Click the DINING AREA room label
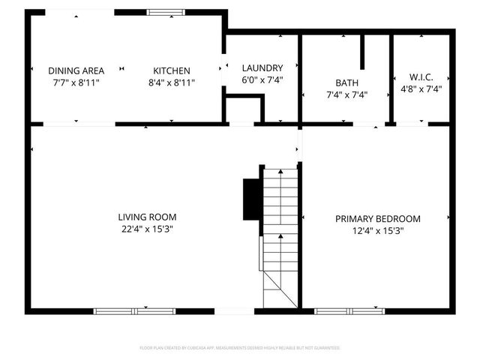pos(76,70)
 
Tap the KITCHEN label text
pos(172,70)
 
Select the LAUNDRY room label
pos(262,67)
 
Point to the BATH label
pos(347,83)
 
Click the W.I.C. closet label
pos(421,77)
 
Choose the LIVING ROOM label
pos(147,217)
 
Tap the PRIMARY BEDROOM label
pos(377,218)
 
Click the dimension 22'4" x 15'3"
pos(147,229)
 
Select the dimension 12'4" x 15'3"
pos(377,230)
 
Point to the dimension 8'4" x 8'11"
pos(172,82)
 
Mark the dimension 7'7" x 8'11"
pos(76,82)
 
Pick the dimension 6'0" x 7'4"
pos(262,79)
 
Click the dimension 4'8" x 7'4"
pos(421,88)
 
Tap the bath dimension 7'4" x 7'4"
pos(347,95)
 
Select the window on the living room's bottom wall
pos(124,310)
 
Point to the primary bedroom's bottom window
pos(345,310)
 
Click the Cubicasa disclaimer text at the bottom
pos(240,348)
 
